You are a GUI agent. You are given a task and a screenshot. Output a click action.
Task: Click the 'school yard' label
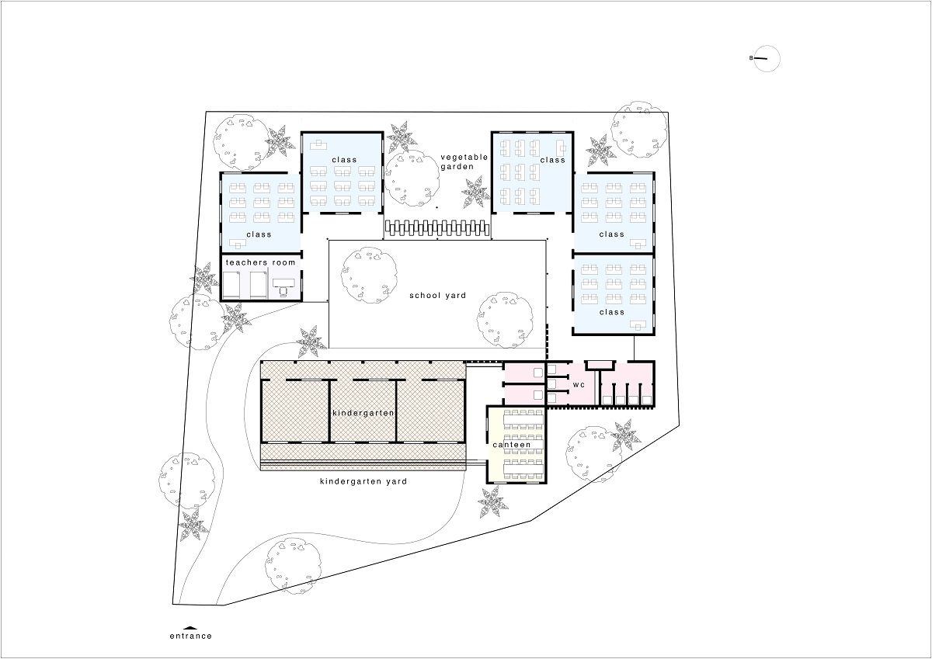(x=438, y=296)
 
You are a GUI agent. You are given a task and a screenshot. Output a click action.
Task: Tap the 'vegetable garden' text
(x=464, y=161)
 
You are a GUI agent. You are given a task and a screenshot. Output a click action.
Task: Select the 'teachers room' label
(x=260, y=262)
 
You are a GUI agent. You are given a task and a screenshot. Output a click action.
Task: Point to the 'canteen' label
(x=511, y=445)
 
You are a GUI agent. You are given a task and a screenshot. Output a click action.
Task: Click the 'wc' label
(x=579, y=384)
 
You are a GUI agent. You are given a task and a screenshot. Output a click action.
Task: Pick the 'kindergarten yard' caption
(x=363, y=481)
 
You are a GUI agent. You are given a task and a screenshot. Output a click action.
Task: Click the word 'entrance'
(x=190, y=636)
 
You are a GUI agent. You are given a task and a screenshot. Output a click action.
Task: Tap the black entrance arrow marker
(x=190, y=627)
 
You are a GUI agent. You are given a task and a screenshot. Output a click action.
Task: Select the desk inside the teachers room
(x=283, y=283)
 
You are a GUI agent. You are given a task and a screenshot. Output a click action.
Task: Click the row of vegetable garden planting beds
(x=436, y=229)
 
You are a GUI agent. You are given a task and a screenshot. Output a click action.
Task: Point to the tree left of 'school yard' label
(x=369, y=275)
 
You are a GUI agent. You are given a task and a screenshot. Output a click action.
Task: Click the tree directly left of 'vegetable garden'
(x=412, y=179)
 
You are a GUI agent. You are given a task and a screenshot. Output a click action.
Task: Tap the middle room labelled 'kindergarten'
(x=363, y=411)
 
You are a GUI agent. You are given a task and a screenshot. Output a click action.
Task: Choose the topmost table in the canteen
(x=523, y=420)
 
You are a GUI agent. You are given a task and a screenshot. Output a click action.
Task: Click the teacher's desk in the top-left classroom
(x=318, y=144)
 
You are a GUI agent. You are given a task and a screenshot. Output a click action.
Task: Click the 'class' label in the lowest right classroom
(x=612, y=312)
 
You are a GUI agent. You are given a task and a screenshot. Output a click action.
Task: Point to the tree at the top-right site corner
(x=638, y=130)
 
